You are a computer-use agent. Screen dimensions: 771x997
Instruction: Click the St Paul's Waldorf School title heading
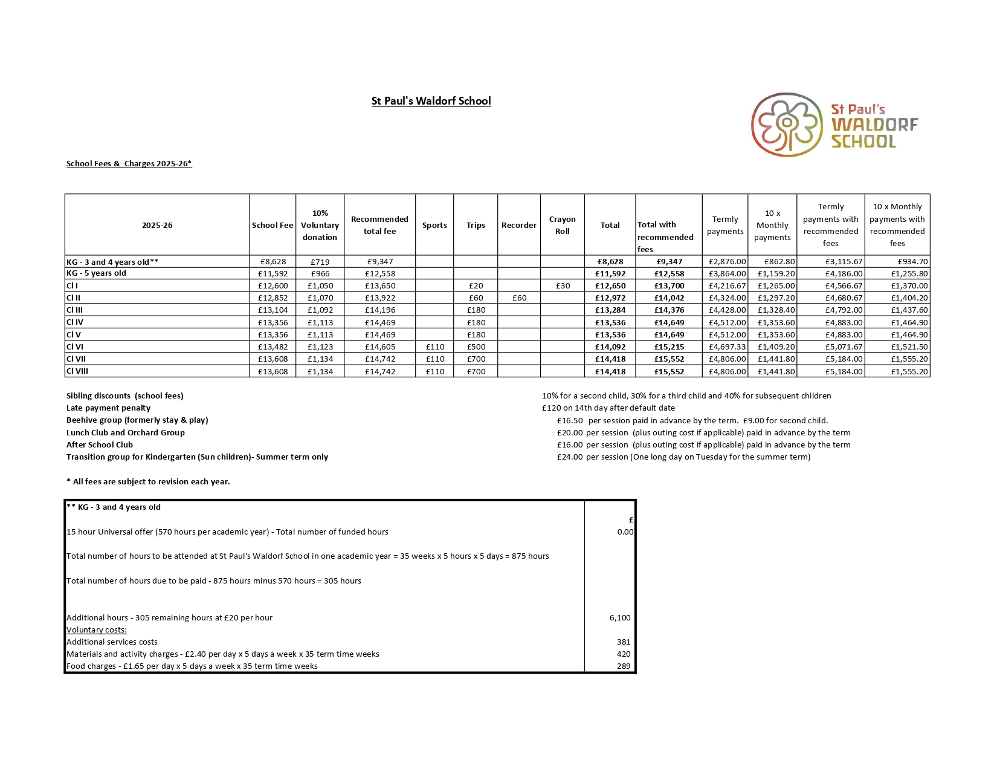(x=431, y=101)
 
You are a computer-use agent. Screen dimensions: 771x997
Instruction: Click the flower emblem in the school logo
(x=787, y=125)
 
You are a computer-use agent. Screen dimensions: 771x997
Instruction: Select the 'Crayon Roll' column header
(x=562, y=225)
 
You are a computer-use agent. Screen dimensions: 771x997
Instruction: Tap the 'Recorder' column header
(x=518, y=225)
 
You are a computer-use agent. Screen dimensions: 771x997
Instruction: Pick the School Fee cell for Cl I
(x=273, y=286)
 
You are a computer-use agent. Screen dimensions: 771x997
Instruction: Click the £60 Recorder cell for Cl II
(x=519, y=298)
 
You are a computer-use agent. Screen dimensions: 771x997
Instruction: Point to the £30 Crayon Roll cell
(x=563, y=286)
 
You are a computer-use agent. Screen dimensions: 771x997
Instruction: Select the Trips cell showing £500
(x=476, y=347)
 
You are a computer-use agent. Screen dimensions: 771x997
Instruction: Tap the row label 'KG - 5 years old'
(x=96, y=273)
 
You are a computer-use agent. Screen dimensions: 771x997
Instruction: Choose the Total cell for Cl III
(x=610, y=310)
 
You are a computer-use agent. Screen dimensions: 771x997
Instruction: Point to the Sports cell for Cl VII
(x=434, y=359)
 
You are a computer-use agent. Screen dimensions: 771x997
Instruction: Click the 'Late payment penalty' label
(x=108, y=408)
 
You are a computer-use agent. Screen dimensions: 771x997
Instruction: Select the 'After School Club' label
(x=100, y=444)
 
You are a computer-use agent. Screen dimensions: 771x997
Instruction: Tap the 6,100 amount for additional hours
(x=619, y=618)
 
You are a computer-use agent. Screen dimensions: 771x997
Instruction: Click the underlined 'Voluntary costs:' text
(x=97, y=630)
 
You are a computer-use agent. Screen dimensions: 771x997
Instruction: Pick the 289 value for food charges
(x=623, y=666)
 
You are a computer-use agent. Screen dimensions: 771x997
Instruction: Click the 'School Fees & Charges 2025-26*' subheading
(x=129, y=164)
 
